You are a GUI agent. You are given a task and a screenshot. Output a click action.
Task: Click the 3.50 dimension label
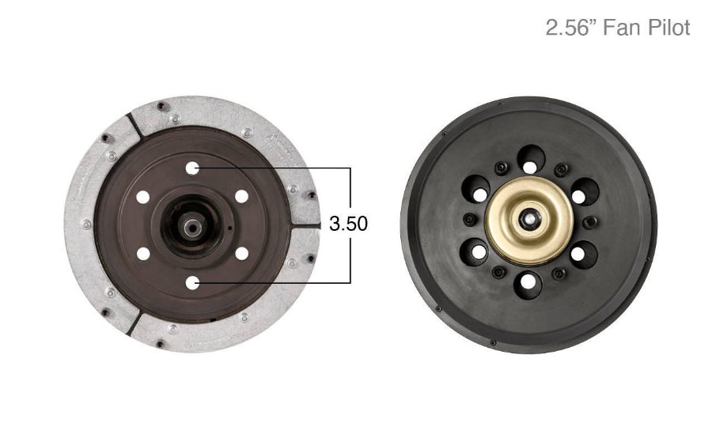pos(348,224)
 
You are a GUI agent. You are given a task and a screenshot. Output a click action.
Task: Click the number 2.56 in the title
pos(568,28)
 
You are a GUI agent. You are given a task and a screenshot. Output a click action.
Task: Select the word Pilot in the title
pos(666,28)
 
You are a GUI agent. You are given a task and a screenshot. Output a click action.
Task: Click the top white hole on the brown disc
pos(192,168)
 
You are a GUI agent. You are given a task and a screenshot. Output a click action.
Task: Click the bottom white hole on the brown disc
pos(192,282)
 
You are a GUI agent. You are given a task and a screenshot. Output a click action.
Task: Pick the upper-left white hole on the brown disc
pos(143,197)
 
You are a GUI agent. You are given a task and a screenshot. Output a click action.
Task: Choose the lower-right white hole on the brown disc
pos(242,254)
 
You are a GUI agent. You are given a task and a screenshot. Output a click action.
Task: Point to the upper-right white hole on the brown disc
pos(242,197)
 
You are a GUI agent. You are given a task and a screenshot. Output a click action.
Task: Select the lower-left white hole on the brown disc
pos(143,254)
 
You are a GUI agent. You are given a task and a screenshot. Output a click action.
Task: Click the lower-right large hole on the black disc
pos(583,253)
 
